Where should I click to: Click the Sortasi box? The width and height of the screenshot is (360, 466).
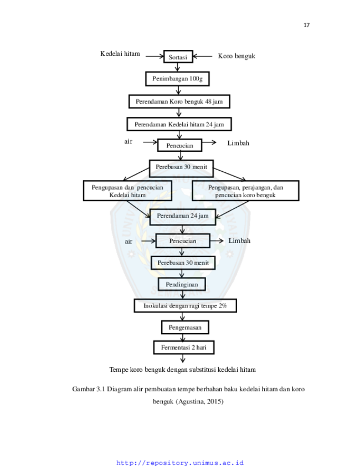178,57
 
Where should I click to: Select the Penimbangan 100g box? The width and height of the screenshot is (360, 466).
177,79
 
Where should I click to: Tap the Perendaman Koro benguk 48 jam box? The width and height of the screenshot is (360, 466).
179,101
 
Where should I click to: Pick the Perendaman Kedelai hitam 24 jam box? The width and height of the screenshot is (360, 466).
179,124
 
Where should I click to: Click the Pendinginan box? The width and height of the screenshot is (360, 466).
182,284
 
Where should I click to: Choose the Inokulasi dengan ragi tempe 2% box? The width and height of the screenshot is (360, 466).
186,305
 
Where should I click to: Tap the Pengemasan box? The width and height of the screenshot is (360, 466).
185,327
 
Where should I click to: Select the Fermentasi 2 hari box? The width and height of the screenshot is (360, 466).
184,347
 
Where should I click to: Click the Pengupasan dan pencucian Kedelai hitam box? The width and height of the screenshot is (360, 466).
128,191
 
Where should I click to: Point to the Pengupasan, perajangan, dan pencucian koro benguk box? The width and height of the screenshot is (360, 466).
246,191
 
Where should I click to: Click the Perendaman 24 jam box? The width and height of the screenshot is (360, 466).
183,217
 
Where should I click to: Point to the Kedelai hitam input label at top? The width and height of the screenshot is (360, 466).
120,54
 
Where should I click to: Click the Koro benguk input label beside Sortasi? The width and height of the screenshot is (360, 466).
236,56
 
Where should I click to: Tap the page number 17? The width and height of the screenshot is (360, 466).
306,25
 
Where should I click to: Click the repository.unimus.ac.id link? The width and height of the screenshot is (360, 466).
180,463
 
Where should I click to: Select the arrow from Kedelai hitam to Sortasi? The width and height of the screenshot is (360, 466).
155,56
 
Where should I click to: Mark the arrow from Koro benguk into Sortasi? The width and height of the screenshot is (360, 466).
203,56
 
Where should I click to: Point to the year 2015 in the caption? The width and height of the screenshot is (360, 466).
214,402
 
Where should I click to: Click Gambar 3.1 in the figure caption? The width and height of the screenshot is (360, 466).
89,389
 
